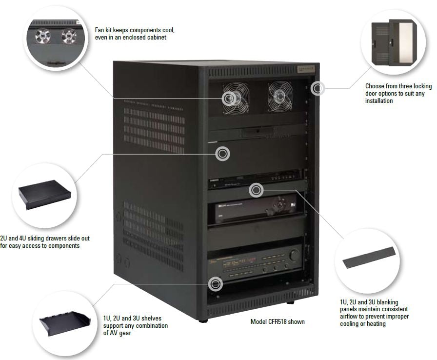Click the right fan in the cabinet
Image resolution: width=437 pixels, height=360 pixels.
[x=280, y=96]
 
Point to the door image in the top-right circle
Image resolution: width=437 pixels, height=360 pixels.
[x=392, y=41]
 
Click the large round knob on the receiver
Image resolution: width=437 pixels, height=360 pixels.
[x=294, y=255]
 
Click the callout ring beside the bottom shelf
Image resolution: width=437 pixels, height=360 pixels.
[x=215, y=283]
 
